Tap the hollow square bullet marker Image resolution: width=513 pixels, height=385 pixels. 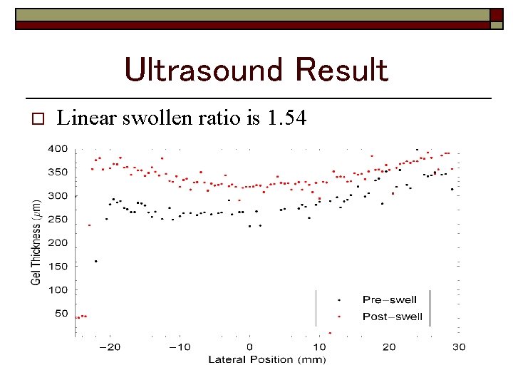click(38, 118)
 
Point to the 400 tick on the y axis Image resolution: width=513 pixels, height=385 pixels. click(58, 149)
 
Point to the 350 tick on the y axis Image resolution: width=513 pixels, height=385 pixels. click(58, 173)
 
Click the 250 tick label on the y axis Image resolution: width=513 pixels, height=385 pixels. click(58, 220)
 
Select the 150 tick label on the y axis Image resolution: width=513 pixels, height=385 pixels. click(58, 267)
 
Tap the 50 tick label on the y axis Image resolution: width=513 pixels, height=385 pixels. click(61, 314)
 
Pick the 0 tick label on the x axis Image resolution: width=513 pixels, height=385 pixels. click(249, 347)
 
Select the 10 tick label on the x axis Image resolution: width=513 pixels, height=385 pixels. click(319, 347)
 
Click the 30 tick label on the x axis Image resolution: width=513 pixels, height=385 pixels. click(459, 347)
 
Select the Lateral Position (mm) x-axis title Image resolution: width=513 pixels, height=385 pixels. click(266, 359)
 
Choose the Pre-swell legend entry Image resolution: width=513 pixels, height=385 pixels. click(389, 300)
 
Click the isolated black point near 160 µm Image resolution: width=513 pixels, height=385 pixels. click(95, 262)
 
